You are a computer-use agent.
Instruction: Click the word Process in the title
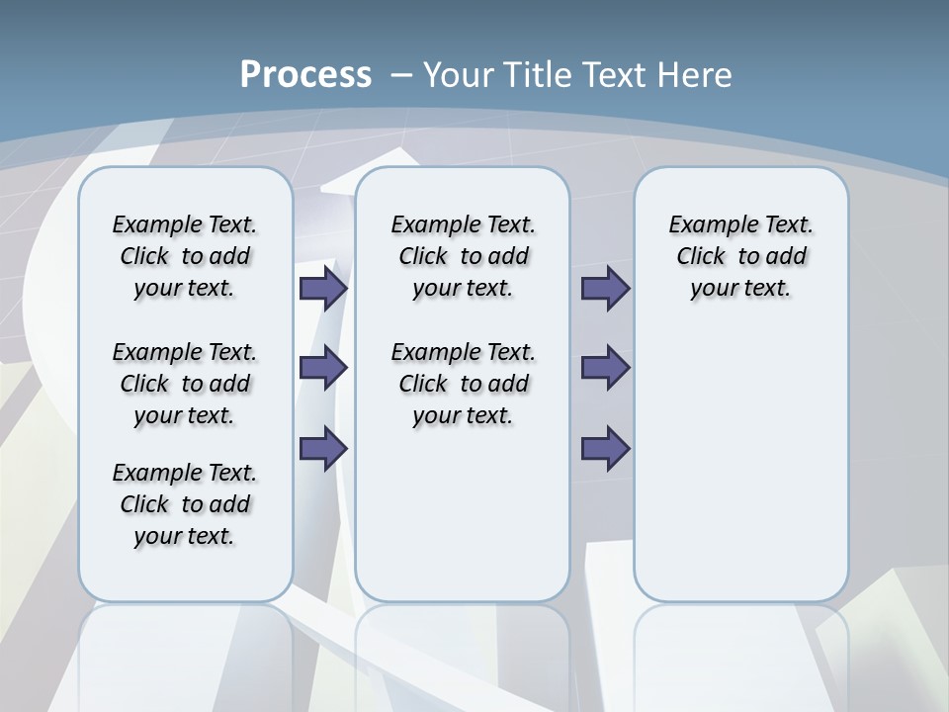click(x=305, y=75)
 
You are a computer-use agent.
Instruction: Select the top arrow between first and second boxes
click(x=323, y=288)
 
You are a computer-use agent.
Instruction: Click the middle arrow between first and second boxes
click(x=323, y=368)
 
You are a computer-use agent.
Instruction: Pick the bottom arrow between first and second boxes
click(x=323, y=449)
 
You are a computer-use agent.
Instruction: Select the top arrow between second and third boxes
click(x=605, y=288)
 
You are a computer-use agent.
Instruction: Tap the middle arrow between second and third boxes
click(x=605, y=368)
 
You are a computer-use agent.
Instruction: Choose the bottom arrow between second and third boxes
click(x=605, y=449)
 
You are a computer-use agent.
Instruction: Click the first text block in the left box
click(x=185, y=256)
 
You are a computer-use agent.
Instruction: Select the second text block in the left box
click(x=185, y=384)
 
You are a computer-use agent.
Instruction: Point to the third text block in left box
click(x=185, y=504)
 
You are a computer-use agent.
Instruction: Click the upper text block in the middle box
click(x=463, y=256)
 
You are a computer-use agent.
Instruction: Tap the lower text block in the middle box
click(x=463, y=384)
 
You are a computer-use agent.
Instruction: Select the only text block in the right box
click(x=740, y=256)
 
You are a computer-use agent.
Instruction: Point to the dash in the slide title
click(x=401, y=75)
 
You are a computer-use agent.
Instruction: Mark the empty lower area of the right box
click(x=740, y=465)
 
